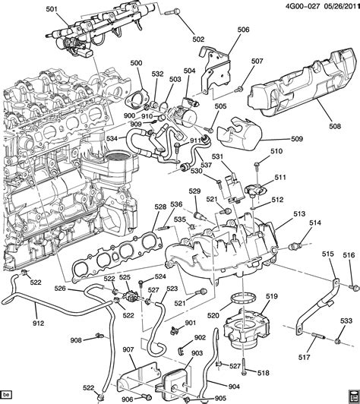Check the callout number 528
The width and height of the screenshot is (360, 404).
point(160,207)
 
